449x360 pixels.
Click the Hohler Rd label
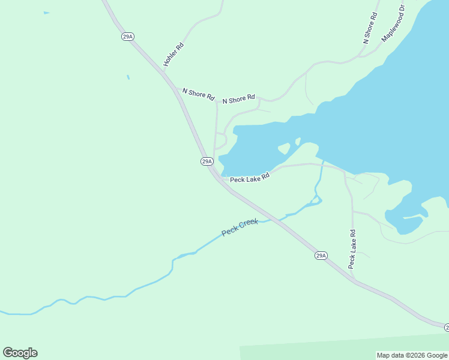173,55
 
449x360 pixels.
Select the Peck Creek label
240,227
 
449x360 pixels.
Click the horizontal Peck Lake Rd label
250,178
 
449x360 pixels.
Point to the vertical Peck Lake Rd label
352,249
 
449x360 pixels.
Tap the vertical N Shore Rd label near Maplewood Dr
370,28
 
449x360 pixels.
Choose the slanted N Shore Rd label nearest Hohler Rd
198,94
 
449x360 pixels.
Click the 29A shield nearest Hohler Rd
127,37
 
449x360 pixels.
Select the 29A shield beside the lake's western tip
206,161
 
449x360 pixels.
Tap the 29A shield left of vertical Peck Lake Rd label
321,256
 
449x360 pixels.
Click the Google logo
20,353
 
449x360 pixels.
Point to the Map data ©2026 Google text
412,355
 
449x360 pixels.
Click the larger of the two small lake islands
284,148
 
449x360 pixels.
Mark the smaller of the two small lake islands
298,142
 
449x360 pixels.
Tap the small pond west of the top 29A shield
128,77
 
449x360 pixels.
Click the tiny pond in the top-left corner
46,13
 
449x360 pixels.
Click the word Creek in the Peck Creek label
249,224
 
